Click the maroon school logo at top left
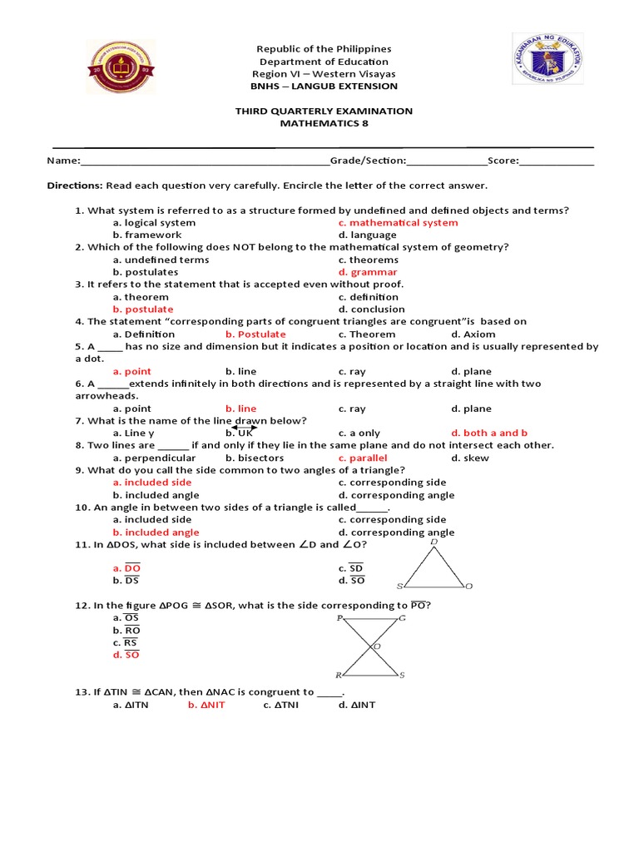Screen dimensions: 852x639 tap(121, 67)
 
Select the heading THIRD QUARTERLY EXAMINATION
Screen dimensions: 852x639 tap(324, 111)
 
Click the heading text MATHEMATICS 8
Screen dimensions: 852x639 tap(324, 123)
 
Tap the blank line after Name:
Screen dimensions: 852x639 tap(204, 161)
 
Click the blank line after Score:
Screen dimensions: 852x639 tap(557, 161)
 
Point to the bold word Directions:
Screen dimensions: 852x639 tap(74, 186)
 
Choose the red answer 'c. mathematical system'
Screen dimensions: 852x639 tap(398, 223)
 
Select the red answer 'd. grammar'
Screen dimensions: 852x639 tap(368, 272)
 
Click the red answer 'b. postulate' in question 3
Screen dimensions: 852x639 tap(143, 310)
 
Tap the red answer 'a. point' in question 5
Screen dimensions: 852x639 tap(132, 371)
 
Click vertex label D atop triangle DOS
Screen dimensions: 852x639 tap(433, 542)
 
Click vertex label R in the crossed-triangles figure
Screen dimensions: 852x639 tap(338, 676)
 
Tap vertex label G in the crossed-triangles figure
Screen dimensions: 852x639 tap(403, 618)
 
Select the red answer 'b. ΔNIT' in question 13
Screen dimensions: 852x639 tap(206, 705)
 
